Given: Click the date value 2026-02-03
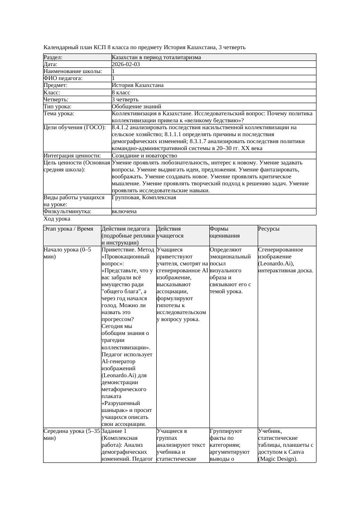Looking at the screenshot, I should (126, 64).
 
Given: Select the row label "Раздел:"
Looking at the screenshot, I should (53, 57).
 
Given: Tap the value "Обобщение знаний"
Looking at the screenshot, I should (136, 107).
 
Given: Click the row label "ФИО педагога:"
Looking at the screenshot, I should (63, 78).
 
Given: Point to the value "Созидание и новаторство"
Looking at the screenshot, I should (144, 156).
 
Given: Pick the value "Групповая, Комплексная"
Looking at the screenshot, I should (144, 198).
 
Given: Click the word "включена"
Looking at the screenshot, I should (124, 211).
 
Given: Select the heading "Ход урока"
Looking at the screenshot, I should (57, 219).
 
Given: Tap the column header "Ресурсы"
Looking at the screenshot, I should (269, 229).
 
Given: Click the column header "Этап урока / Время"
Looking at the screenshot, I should (68, 229).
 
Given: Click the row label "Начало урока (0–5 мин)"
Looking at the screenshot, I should (67, 253).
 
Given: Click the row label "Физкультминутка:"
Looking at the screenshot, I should (67, 211).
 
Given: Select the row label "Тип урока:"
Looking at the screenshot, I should (57, 107).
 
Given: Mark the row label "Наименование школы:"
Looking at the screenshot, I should (73, 71).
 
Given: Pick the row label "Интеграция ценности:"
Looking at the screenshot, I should (72, 156).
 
